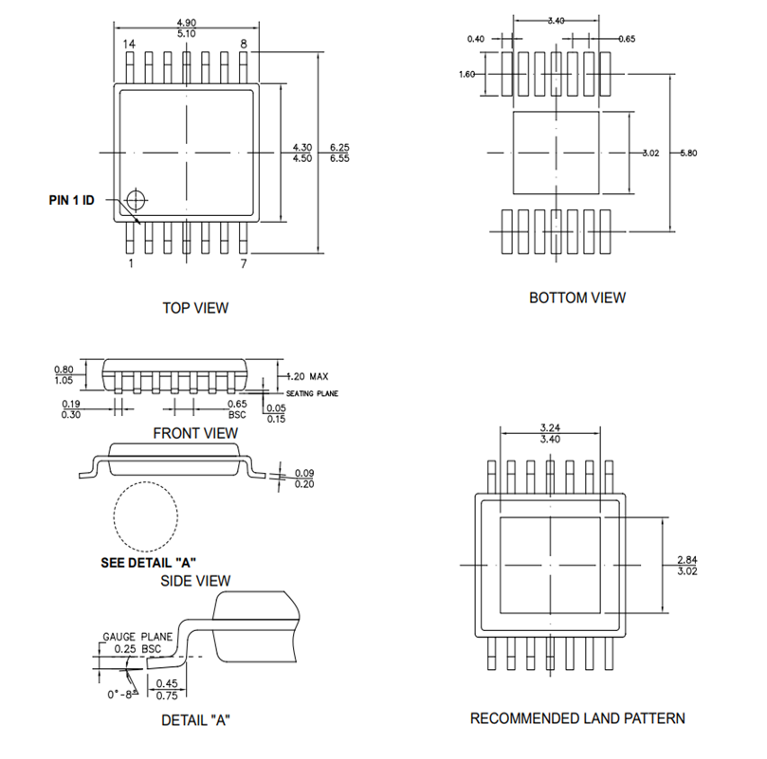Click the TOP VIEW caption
coord(195,308)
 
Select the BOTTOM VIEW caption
coord(576,298)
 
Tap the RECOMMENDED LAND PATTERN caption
coord(577,718)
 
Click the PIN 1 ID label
coord(71,200)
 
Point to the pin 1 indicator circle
coord(137,199)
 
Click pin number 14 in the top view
coord(130,45)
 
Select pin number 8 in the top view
coord(244,45)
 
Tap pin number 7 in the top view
coord(244,263)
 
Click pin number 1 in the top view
coord(130,263)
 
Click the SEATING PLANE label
coord(311,393)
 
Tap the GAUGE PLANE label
coord(137,637)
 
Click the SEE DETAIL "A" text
coord(148,561)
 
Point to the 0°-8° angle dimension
coord(120,694)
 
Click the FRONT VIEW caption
coord(195,433)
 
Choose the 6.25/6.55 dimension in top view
coord(339,153)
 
